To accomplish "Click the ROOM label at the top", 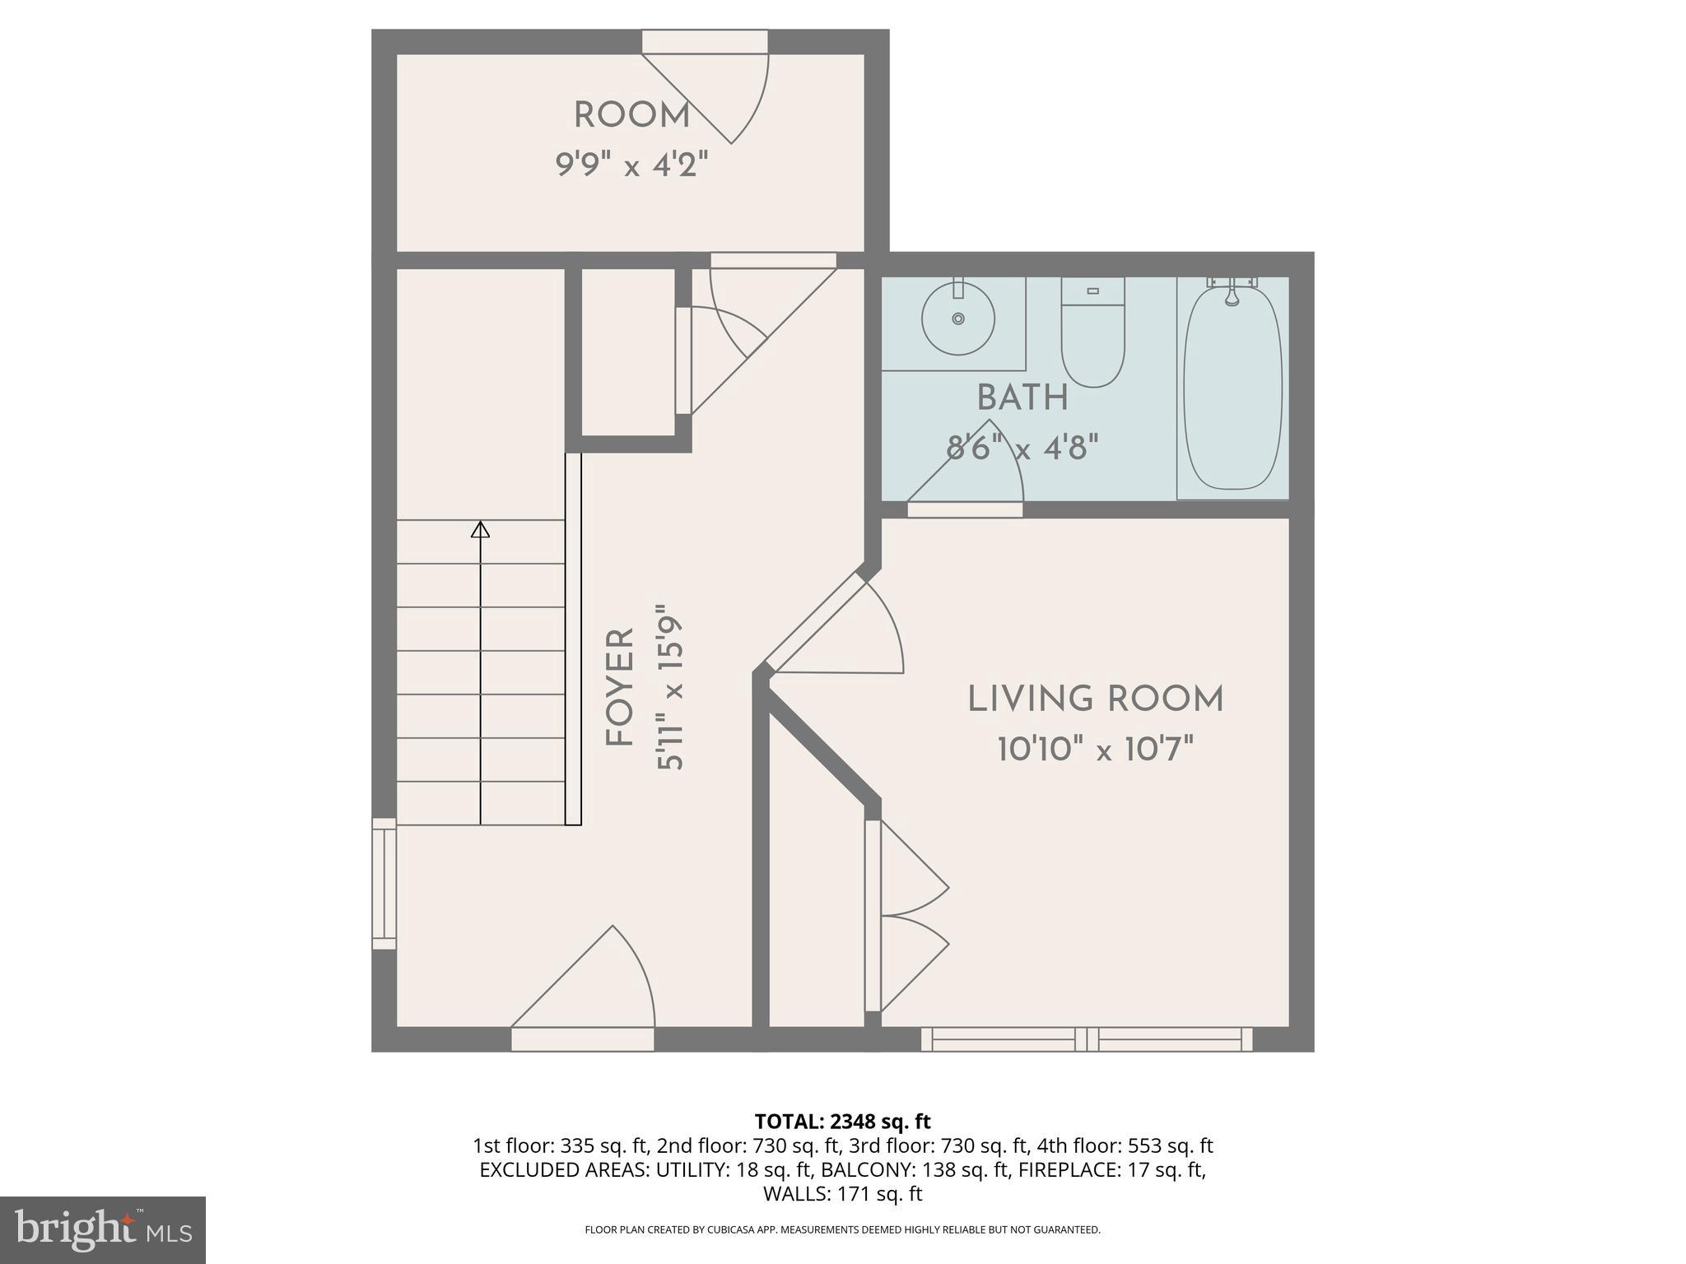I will tap(631, 116).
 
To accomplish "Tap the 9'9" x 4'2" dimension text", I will tap(631, 165).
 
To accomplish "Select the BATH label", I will tap(1022, 398).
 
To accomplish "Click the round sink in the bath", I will tap(957, 318).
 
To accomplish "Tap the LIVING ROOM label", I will tap(1095, 699).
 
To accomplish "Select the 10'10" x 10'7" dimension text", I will tap(1095, 750).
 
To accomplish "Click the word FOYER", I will tap(620, 688).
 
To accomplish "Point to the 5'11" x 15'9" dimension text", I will tap(670, 688).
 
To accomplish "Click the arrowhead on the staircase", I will tap(480, 529).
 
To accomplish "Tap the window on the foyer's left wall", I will tap(384, 883).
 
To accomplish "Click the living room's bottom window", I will tap(1087, 1039).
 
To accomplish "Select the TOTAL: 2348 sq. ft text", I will tap(842, 1122).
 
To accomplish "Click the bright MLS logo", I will tap(102, 1230).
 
